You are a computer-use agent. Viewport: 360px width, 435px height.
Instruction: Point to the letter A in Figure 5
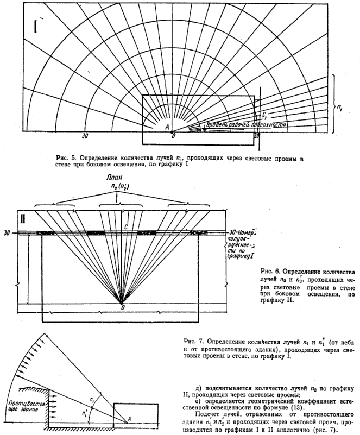[x=168, y=126]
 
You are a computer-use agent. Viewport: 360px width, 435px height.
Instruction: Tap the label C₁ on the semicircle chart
[x=264, y=115]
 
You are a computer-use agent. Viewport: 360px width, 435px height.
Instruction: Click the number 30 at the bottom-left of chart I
[x=85, y=136]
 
